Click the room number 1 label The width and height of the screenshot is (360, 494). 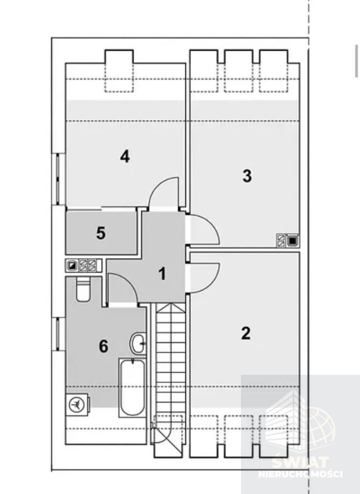(x=162, y=273)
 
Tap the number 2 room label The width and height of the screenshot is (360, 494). (x=246, y=333)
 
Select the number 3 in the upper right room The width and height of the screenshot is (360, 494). (x=247, y=176)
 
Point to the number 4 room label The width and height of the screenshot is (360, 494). (x=125, y=156)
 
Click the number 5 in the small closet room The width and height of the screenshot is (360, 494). (x=101, y=233)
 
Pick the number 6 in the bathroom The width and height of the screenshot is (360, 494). (x=103, y=346)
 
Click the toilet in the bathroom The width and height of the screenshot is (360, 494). (x=83, y=289)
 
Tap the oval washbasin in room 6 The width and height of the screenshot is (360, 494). (x=138, y=344)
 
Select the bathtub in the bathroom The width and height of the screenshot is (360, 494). (x=132, y=387)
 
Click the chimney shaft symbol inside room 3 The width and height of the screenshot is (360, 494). (x=288, y=241)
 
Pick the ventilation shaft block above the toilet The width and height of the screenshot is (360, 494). (x=83, y=266)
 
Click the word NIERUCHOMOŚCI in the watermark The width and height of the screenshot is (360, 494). (x=300, y=474)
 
